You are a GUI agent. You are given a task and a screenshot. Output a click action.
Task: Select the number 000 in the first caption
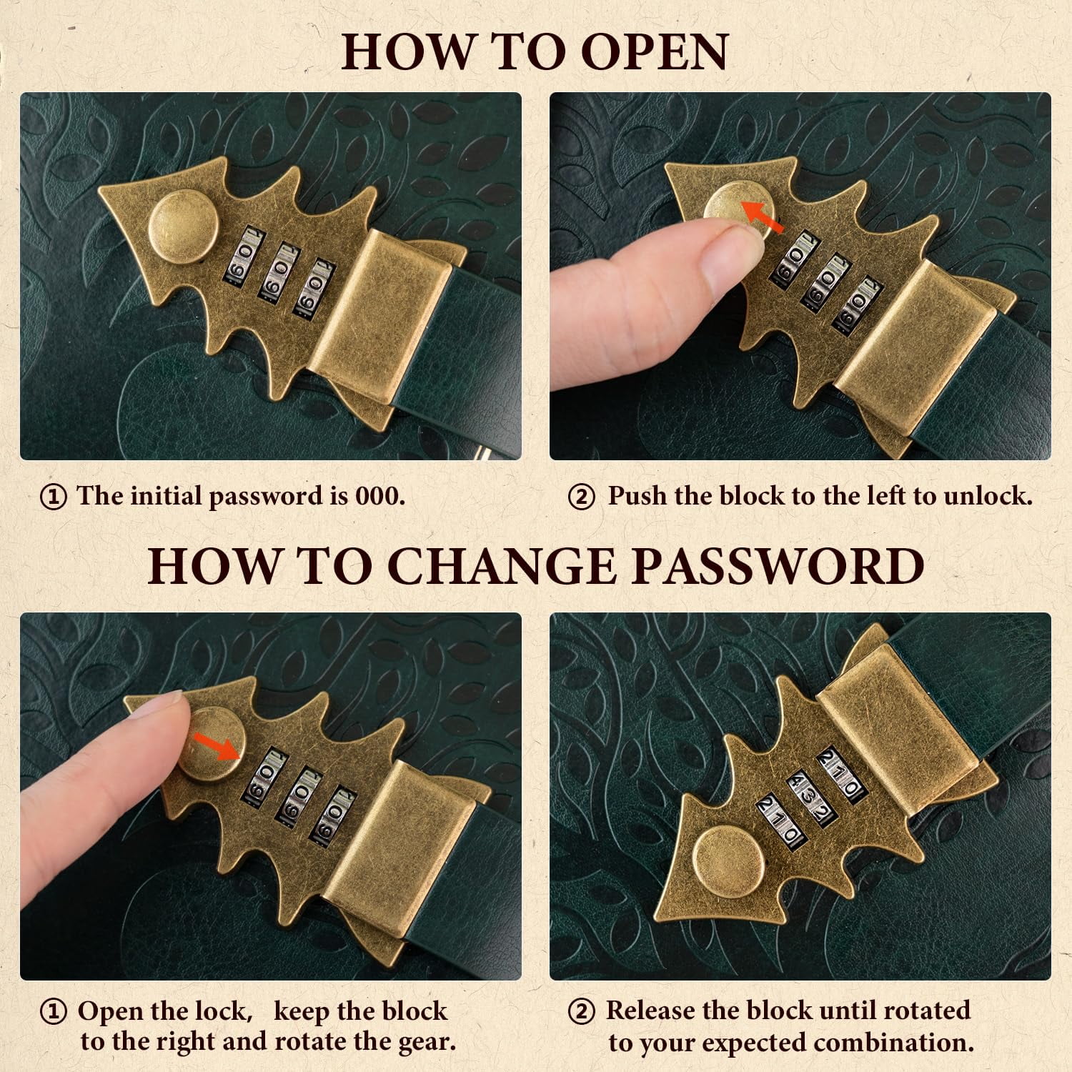(x=379, y=496)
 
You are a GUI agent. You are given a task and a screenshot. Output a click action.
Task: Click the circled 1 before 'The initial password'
(x=54, y=497)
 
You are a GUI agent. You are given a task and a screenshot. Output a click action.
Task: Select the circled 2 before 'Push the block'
(x=581, y=497)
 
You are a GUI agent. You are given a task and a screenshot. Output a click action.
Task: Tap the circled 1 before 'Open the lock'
(x=54, y=1013)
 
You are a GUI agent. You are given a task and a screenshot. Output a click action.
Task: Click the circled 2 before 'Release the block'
(x=581, y=1012)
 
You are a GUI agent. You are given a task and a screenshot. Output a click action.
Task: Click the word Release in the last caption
(x=651, y=1011)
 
